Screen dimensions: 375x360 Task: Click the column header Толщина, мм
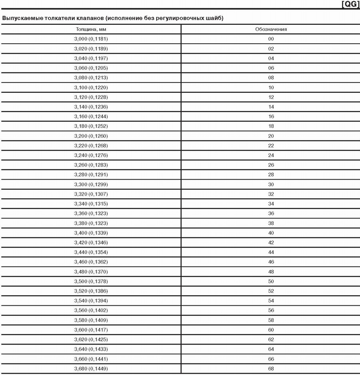click(91, 29)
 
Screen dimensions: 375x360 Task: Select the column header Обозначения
click(271, 29)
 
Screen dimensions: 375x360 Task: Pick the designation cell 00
click(271, 39)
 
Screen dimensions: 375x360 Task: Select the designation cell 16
click(271, 116)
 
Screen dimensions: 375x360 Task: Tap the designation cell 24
click(271, 155)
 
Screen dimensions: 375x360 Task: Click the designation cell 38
click(271, 223)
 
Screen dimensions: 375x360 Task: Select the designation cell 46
click(271, 262)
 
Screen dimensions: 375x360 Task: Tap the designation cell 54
click(271, 301)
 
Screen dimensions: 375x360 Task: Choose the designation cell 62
click(271, 340)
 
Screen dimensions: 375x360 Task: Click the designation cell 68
click(271, 369)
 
